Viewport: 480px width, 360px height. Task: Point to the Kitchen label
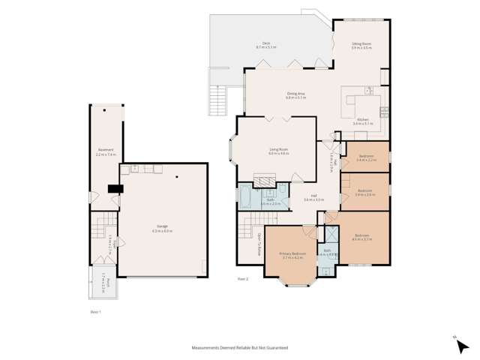tap(363, 121)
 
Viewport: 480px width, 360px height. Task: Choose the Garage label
tap(163, 227)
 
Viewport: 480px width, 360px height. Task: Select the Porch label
tap(108, 283)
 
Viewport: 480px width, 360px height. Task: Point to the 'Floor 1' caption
tap(95, 310)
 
